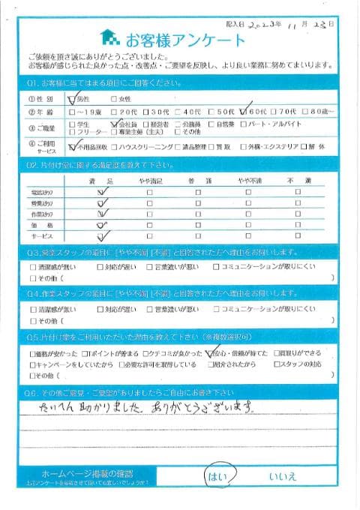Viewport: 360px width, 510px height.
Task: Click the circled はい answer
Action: pos(220,474)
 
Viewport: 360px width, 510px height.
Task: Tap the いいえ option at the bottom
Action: pos(286,475)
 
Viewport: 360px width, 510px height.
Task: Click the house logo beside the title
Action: pos(109,38)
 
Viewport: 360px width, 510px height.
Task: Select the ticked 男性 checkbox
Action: pos(72,97)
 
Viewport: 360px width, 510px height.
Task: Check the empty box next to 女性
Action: pos(114,98)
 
